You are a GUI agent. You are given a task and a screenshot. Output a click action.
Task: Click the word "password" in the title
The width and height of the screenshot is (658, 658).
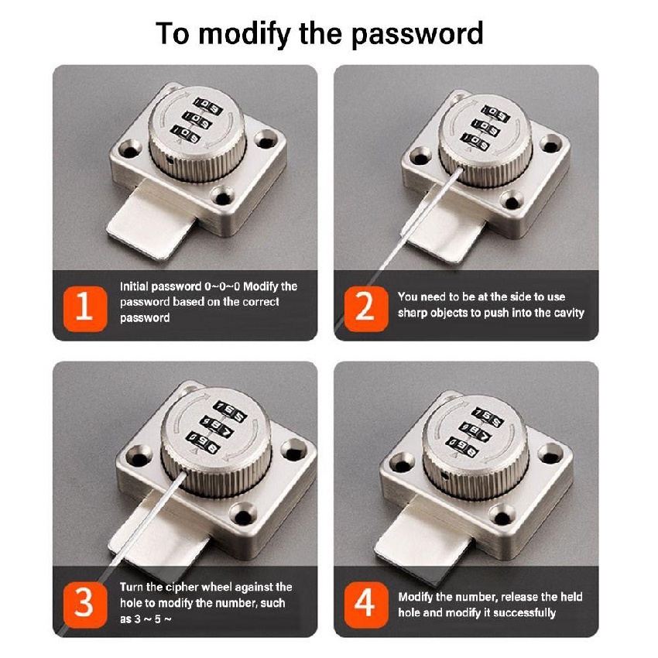417,34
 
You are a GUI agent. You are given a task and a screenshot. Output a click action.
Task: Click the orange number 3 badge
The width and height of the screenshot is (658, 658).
85,605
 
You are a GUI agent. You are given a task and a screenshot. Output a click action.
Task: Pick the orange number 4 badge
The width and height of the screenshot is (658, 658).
365,605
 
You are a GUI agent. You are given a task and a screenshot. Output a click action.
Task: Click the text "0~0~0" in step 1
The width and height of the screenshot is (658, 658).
222,286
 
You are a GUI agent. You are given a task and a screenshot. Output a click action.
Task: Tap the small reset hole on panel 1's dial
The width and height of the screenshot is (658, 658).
169,160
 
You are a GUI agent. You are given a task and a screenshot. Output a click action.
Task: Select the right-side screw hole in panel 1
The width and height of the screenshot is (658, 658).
266,139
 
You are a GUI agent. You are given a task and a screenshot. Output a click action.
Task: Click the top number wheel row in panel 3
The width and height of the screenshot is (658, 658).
229,412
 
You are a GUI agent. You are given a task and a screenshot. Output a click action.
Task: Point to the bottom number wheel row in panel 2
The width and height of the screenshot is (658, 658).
475,141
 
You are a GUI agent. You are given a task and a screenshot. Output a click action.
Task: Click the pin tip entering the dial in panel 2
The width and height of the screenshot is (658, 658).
461,168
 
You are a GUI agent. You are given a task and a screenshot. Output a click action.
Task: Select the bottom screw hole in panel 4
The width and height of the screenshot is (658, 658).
502,516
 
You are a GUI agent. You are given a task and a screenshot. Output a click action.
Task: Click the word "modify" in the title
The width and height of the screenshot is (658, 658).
244,34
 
